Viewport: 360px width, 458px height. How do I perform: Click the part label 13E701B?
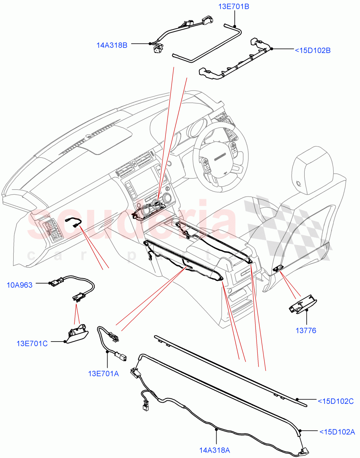(x=234, y=6)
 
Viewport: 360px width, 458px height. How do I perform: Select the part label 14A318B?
(x=112, y=45)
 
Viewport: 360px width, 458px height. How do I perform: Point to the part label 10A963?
(x=19, y=284)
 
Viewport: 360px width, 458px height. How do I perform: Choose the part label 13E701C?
(x=32, y=343)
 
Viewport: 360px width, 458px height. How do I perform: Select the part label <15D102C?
(x=336, y=401)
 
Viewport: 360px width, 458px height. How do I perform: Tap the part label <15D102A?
(x=337, y=432)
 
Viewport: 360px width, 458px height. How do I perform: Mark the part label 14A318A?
(x=214, y=450)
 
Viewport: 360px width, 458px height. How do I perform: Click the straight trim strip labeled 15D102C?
(x=229, y=368)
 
